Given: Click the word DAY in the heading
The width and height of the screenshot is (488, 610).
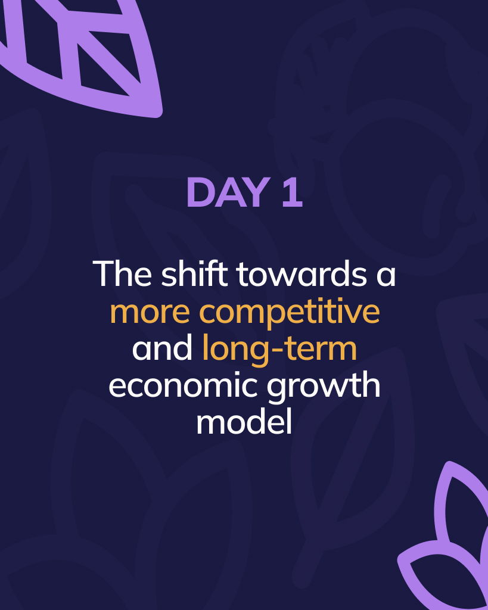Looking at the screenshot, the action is click(228, 192).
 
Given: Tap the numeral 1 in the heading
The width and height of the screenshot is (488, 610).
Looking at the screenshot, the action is click(292, 192).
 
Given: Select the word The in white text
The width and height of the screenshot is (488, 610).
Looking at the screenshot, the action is click(122, 273).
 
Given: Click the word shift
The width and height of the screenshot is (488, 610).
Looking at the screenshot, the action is click(195, 273).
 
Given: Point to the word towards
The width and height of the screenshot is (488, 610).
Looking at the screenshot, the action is click(301, 273).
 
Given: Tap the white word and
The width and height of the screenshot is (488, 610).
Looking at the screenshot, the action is click(162, 348).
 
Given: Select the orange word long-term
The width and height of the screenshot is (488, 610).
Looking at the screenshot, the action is click(279, 349).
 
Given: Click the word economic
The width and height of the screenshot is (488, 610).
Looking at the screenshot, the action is click(183, 385).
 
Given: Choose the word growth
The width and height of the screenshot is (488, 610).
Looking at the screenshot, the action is click(324, 388).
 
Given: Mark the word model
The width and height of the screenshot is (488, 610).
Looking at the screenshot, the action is click(244, 422).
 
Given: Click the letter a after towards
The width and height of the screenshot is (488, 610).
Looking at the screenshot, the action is click(386, 276).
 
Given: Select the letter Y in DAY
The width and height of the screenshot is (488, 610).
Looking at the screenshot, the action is click(257, 192).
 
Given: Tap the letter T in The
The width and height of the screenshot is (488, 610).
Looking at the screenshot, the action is click(103, 274).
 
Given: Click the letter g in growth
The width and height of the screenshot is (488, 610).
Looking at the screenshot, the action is click(276, 391).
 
